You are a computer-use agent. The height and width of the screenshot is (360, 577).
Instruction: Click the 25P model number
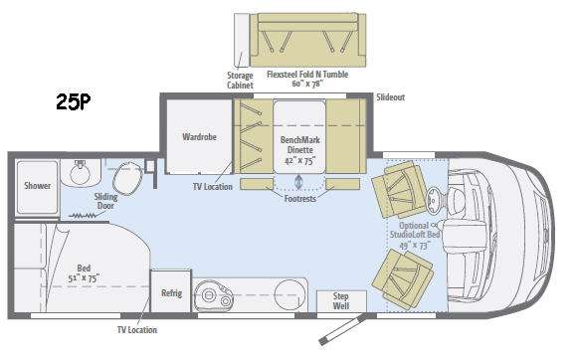[74, 101]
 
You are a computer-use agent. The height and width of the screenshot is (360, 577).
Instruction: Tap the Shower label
[37, 186]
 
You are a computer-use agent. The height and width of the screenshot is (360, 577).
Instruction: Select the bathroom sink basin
[80, 173]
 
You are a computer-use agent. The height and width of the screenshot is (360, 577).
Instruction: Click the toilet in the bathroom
[127, 179]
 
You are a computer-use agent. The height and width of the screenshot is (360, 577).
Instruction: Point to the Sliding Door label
[106, 201]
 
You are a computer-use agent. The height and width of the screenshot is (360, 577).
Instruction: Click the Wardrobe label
[199, 137]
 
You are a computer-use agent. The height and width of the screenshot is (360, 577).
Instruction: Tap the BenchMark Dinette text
[299, 145]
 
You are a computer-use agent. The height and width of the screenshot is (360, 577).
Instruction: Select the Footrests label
[299, 199]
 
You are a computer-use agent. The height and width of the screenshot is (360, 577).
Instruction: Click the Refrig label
[172, 293]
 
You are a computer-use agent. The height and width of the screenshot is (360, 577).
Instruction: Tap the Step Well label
[341, 300]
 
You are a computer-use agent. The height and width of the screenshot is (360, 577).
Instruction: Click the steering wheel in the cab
[433, 201]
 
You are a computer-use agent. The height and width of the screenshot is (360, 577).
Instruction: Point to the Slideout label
[390, 97]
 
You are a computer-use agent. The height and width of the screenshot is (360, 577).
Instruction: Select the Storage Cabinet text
[240, 81]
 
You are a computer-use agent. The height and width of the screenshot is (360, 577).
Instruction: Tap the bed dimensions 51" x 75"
[84, 278]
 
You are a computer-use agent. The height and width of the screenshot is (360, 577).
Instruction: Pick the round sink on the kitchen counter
[290, 293]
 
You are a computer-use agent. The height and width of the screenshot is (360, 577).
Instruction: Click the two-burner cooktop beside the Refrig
[214, 294]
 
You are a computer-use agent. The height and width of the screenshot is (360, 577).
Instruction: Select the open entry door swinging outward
[342, 329]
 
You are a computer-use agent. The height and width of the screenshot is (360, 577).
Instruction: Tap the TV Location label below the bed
[137, 330]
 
